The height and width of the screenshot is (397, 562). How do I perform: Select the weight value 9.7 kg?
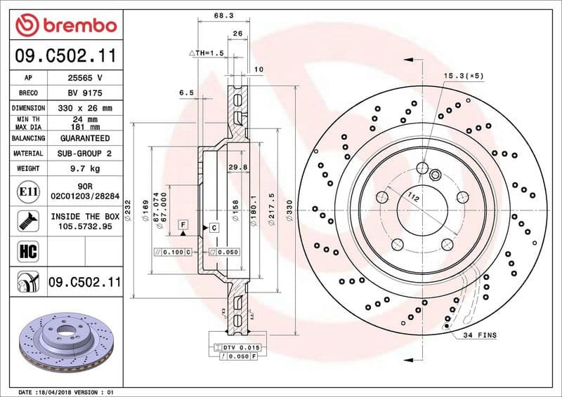tap(85, 168)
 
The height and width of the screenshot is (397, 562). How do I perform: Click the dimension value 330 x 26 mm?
tap(85, 108)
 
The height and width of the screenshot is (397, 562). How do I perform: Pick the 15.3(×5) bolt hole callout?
tap(463, 75)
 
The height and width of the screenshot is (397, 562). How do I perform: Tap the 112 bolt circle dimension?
tap(413, 199)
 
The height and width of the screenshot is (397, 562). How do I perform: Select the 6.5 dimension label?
tap(185, 92)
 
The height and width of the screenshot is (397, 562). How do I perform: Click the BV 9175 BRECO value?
tap(85, 93)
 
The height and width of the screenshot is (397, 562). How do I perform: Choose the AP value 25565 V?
tap(85, 78)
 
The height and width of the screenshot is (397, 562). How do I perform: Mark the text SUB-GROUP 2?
tap(85, 153)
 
